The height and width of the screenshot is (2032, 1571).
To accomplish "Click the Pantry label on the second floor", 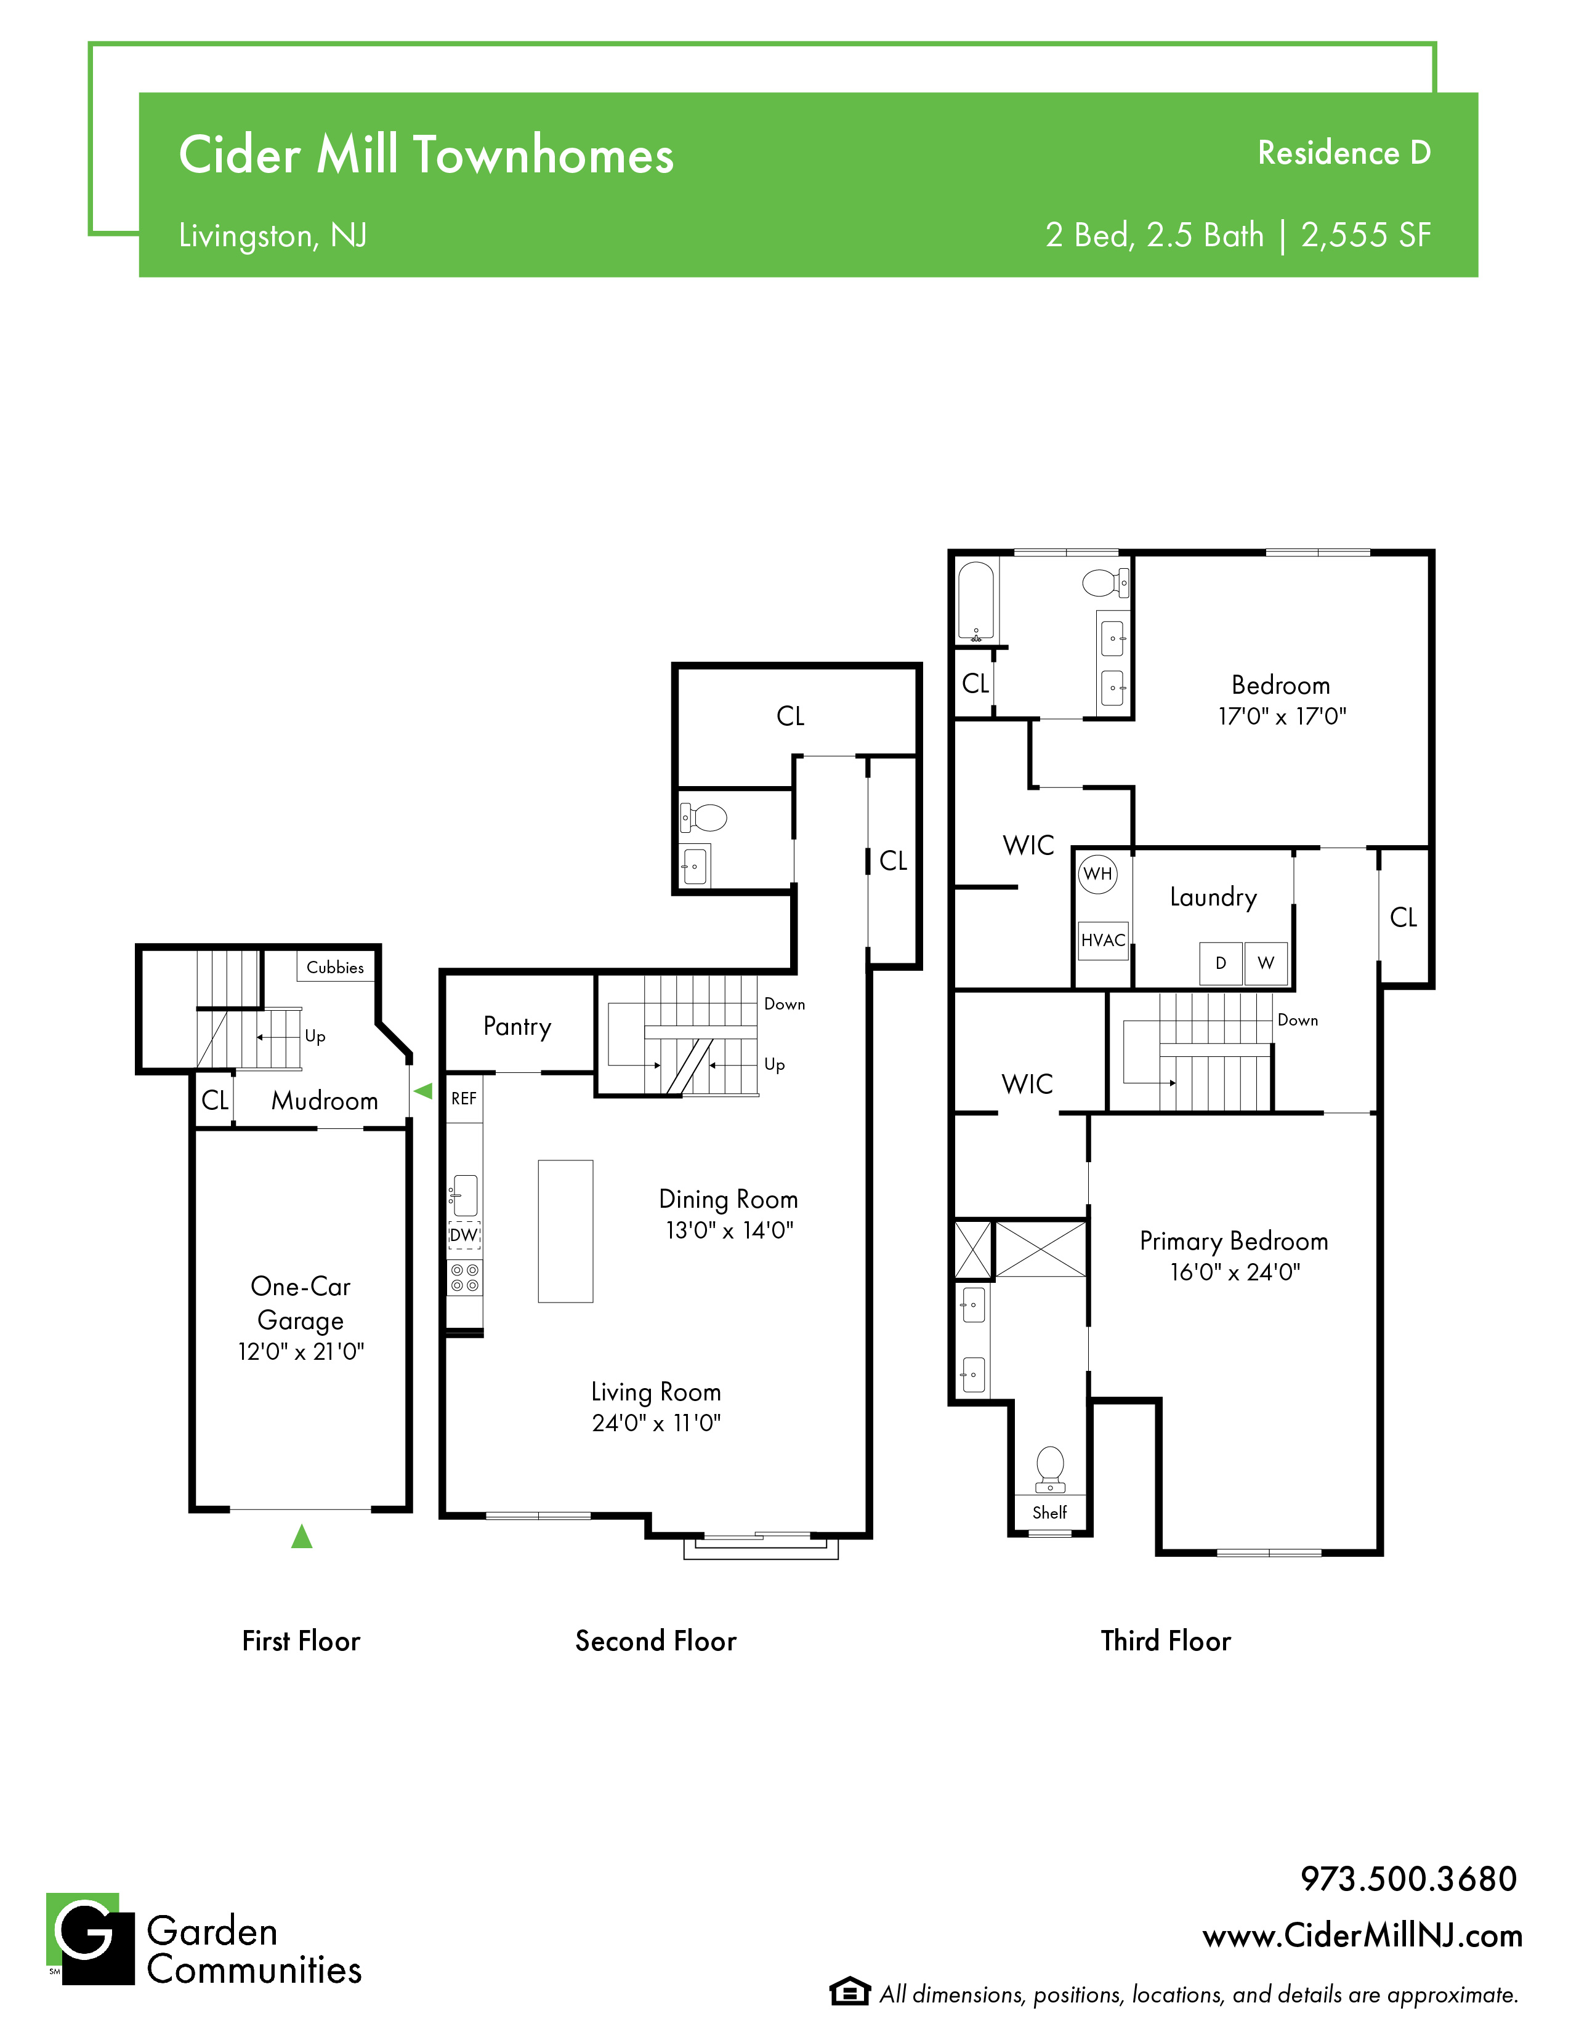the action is (x=517, y=1026).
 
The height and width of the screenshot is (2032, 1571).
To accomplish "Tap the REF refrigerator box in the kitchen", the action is (x=464, y=1099).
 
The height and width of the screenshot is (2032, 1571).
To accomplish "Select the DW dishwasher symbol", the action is (x=464, y=1235).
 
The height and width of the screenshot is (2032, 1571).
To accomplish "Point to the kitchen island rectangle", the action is (x=565, y=1231).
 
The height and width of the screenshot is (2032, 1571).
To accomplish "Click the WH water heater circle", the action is (x=1098, y=873).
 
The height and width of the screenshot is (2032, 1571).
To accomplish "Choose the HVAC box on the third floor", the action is (x=1103, y=940).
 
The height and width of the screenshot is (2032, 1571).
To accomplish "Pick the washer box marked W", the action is (x=1266, y=963).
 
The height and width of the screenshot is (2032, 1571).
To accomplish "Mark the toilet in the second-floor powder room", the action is (x=704, y=819).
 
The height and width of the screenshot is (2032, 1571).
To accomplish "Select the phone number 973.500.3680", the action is (x=1408, y=1879).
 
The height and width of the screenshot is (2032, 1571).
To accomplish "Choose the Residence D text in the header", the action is (x=1344, y=153).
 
